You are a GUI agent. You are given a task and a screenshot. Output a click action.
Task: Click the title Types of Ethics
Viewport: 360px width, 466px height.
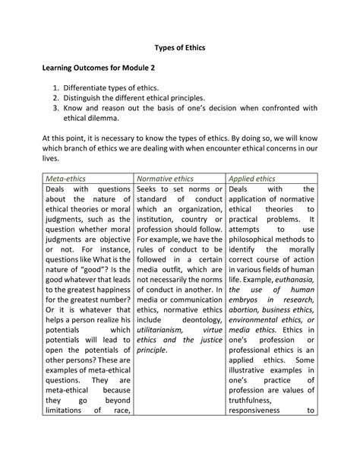click(179, 47)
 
